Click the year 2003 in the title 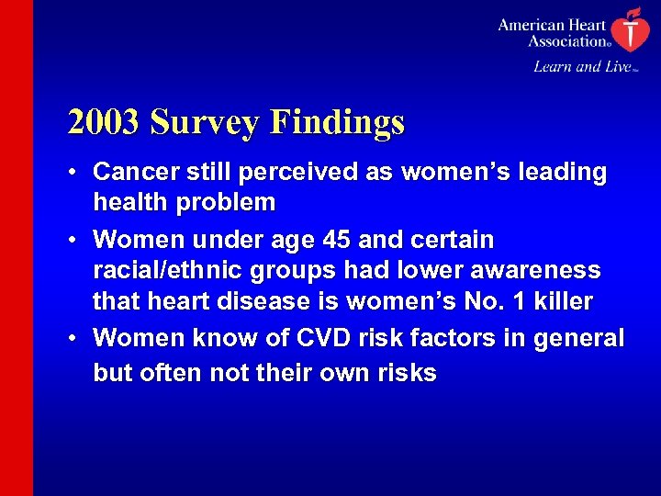tap(104, 122)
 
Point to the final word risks tap(406, 373)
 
